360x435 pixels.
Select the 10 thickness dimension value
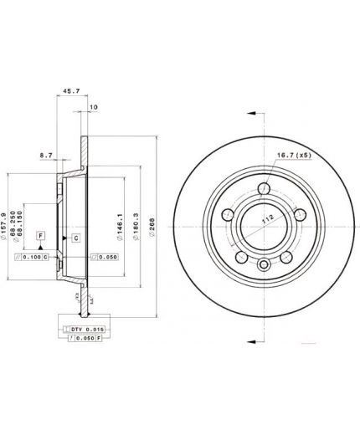coord(92,106)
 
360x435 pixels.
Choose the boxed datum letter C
coord(75,238)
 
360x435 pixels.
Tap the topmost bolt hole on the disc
coord(265,187)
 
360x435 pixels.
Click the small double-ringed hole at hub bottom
coord(265,267)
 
